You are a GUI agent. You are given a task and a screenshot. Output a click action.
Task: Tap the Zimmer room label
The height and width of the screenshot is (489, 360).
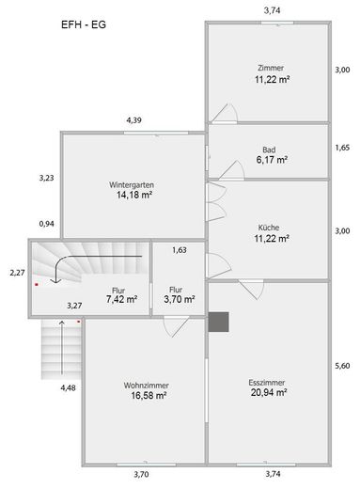point(270,68)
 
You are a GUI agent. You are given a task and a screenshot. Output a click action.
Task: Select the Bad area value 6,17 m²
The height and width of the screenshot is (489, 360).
point(270,160)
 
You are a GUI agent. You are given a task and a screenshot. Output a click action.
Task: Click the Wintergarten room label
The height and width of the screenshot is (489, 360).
point(132,184)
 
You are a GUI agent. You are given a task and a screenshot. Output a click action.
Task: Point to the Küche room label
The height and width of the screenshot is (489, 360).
point(269,227)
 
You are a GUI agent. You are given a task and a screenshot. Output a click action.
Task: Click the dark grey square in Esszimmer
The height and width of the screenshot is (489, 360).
point(220,323)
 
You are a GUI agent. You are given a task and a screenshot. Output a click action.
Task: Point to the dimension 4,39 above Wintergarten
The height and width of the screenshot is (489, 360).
point(134,120)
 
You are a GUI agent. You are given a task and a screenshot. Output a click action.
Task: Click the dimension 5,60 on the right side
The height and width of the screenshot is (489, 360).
point(342,366)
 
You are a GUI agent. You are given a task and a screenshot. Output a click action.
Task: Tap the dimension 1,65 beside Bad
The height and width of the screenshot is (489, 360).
point(342,148)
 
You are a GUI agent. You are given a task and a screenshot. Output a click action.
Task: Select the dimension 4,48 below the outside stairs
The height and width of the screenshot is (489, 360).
point(68,387)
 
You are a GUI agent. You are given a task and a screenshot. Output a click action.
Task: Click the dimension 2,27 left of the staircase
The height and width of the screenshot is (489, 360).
point(16,272)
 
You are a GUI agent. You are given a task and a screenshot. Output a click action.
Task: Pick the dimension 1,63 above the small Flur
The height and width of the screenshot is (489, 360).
point(180,250)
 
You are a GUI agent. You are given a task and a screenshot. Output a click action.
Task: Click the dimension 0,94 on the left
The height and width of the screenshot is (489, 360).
point(46,224)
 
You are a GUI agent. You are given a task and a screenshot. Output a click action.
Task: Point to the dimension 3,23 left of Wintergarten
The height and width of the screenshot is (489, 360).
point(46,176)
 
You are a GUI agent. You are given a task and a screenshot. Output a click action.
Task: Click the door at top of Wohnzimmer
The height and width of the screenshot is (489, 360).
point(176,325)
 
